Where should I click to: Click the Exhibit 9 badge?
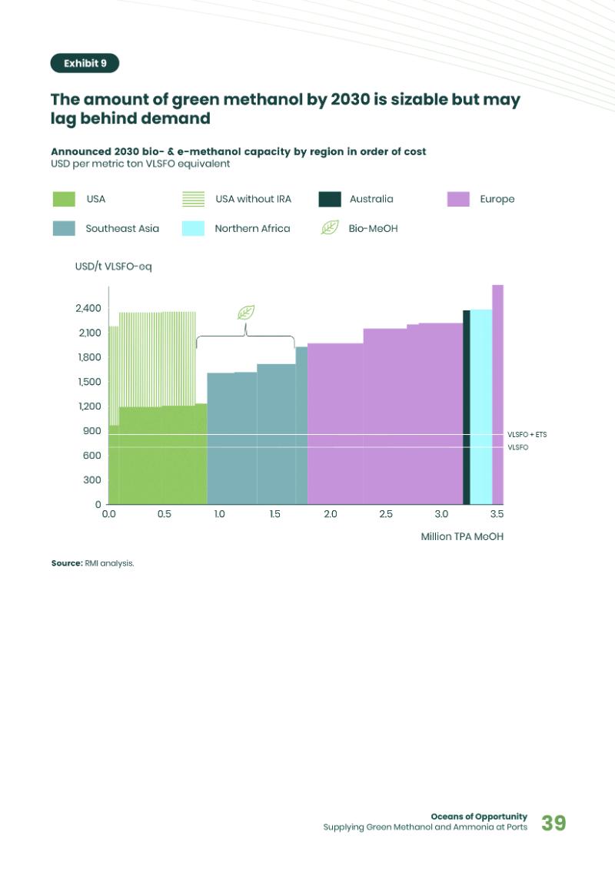point(85,63)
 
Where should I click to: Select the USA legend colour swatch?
point(64,199)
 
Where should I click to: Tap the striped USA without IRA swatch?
point(193,199)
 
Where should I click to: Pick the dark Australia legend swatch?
point(330,199)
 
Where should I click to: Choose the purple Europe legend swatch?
point(458,199)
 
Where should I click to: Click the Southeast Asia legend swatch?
point(64,228)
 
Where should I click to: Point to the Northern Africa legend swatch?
point(193,228)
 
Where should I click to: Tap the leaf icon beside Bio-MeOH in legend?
point(329,227)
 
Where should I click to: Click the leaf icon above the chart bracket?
point(246,312)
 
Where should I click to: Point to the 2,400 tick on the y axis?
point(88,308)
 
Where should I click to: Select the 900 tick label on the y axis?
point(92,431)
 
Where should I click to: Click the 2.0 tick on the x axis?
point(330,514)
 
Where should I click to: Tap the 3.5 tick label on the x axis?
point(497,514)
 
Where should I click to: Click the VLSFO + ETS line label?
point(527,435)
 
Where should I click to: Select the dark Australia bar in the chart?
point(466,407)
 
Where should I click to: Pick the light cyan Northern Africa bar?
point(480,407)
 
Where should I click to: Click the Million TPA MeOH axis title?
point(462,536)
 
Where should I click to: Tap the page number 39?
point(553,823)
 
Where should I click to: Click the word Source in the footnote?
point(66,563)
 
